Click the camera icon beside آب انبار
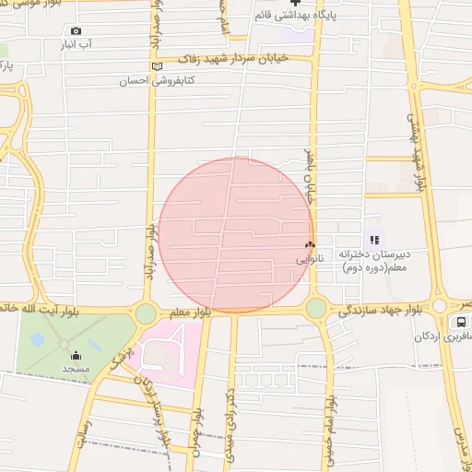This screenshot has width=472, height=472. click(76, 30)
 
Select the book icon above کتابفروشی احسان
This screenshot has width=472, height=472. click(156, 66)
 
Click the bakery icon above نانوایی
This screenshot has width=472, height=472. click(310, 245)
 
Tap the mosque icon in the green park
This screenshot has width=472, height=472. click(76, 355)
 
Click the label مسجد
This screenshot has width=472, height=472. click(76, 369)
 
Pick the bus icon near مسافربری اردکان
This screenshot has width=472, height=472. click(459, 322)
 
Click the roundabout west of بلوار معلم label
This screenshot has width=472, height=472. click(146, 313)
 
